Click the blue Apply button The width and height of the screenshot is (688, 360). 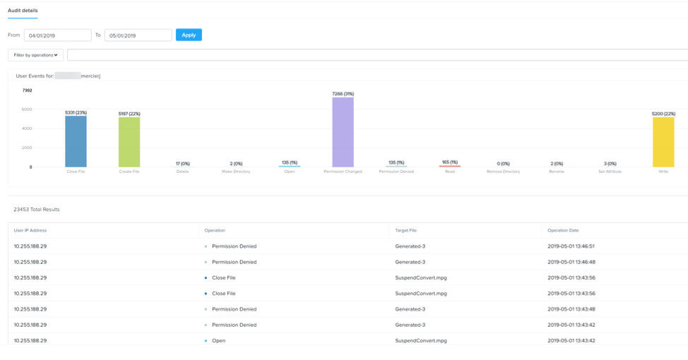(x=189, y=35)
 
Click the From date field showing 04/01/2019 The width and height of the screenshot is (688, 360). (x=57, y=35)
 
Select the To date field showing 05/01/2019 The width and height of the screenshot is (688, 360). (x=138, y=35)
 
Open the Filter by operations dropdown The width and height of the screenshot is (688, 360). (x=35, y=54)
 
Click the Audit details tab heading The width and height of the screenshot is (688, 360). (x=23, y=11)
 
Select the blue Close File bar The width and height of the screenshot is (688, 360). (x=76, y=141)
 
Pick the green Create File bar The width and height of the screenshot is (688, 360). (x=129, y=142)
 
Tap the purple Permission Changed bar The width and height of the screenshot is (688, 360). (x=343, y=132)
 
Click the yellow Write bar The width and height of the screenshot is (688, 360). (x=663, y=142)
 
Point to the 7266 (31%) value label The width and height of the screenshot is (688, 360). (x=343, y=93)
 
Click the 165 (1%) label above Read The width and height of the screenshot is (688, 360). (x=449, y=162)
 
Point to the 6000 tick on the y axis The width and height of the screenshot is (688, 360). (x=27, y=109)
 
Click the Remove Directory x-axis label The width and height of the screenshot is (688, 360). (x=503, y=172)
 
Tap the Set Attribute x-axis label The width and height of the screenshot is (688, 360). (x=610, y=172)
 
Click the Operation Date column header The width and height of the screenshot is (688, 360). (x=563, y=230)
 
